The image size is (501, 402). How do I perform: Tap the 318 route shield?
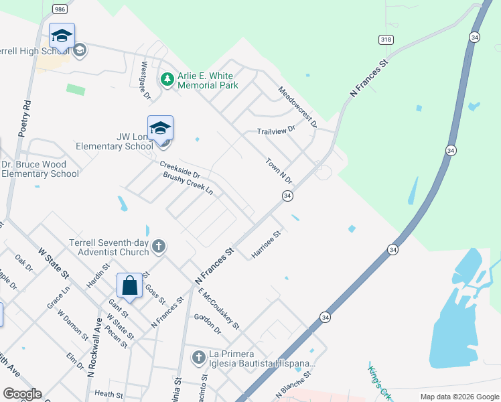pyautogui.click(x=385, y=40)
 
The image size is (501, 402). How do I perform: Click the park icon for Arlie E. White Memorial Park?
pyautogui.click(x=167, y=80)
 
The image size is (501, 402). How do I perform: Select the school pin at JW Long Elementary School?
pyautogui.click(x=160, y=127)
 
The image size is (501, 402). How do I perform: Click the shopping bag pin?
pyautogui.click(x=130, y=285)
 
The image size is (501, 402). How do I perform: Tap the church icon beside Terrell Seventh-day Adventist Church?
pyautogui.click(x=159, y=247)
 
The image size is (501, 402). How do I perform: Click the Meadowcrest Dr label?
pyautogui.click(x=297, y=107)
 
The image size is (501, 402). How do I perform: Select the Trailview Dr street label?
pyautogui.click(x=276, y=131)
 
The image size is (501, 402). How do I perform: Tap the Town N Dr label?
pyautogui.click(x=279, y=171)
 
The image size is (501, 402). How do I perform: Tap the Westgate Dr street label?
pyautogui.click(x=145, y=80)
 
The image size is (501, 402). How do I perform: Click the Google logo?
pyautogui.click(x=21, y=394)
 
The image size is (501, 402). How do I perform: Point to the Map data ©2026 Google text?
pyautogui.click(x=459, y=397)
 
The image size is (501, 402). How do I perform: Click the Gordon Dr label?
pyautogui.click(x=207, y=324)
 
